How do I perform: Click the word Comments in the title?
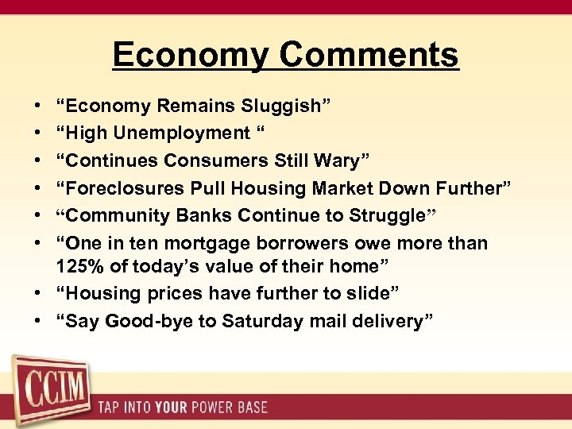pos(369,55)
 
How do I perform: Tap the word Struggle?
pos(390,215)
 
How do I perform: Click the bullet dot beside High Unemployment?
pos(39,133)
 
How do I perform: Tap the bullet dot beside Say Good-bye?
pos(39,321)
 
